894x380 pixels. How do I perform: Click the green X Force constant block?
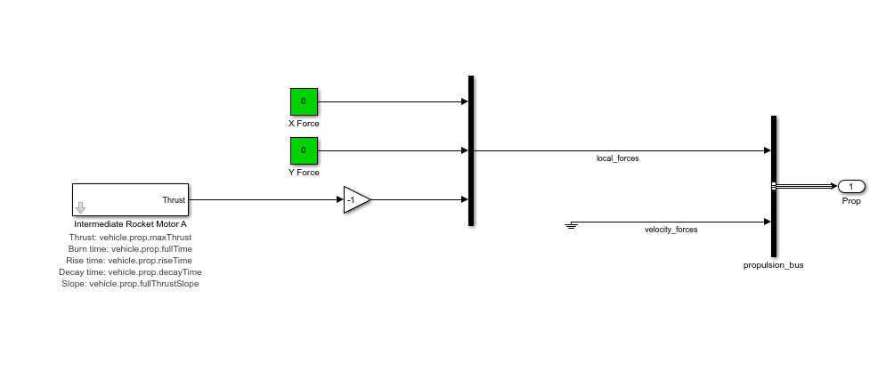tap(304, 101)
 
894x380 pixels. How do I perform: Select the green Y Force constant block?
tap(304, 150)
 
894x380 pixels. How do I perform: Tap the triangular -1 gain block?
tap(356, 200)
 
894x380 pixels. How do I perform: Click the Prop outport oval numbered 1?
tap(850, 186)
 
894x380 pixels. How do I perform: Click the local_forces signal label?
tap(617, 158)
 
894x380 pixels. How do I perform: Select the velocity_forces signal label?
tap(670, 230)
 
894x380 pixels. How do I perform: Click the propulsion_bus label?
tap(773, 265)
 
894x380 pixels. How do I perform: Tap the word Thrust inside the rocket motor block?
tap(174, 200)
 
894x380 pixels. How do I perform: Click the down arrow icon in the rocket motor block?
tap(81, 208)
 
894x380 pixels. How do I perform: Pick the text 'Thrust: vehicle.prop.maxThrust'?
tap(130, 238)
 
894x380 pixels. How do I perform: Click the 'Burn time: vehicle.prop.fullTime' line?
tap(130, 249)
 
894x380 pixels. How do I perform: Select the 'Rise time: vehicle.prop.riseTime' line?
tap(130, 261)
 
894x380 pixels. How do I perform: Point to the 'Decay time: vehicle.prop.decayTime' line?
tap(130, 272)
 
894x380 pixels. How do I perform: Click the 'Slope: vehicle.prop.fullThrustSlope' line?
tap(130, 284)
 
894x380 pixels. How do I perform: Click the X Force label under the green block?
tap(304, 124)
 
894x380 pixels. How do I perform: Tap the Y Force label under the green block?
tap(304, 173)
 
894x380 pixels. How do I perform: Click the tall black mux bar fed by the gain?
tap(470, 150)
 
